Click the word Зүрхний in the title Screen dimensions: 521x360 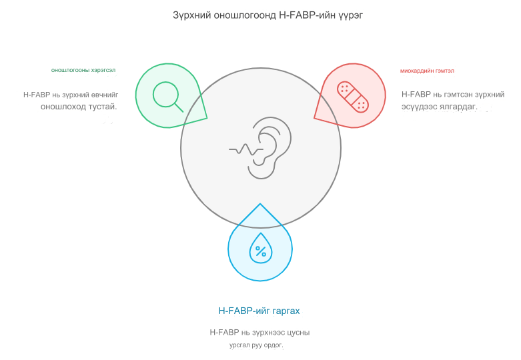[191, 15]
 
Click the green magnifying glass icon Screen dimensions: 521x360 [168, 97]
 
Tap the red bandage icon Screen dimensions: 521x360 [352, 97]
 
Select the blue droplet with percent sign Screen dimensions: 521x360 [260, 248]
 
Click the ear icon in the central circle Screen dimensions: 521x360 [270, 148]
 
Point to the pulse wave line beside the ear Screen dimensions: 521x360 [246, 150]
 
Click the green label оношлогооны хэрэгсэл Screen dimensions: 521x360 [83, 71]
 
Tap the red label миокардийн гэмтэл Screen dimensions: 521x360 [427, 71]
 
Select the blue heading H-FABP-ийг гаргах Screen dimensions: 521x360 [259, 311]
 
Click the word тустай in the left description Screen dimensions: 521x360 [103, 107]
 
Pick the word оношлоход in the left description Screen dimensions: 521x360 [63, 107]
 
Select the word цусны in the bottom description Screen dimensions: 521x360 [298, 333]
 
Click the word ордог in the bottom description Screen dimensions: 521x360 [274, 345]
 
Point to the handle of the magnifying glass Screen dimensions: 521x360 [179, 107]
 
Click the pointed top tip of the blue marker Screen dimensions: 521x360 [260, 203]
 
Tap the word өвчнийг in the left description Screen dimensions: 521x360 [105, 95]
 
